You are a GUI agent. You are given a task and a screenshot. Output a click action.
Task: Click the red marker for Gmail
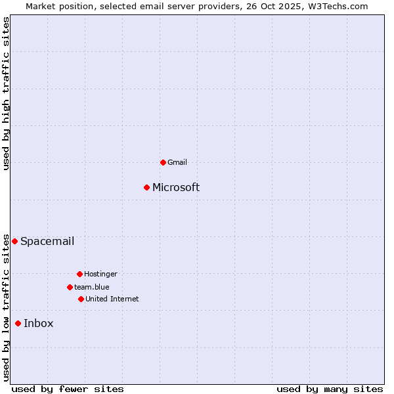[x=163, y=162]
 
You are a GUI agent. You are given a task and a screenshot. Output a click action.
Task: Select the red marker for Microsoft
[x=146, y=187]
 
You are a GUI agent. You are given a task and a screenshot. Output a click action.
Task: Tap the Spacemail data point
[x=14, y=241]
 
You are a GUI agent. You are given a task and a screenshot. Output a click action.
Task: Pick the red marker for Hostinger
[x=79, y=274]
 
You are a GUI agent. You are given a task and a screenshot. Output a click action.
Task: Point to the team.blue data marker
[x=70, y=287]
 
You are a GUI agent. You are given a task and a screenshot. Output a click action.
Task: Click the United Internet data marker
[x=81, y=299]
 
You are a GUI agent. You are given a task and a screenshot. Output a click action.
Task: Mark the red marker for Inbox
[x=18, y=323]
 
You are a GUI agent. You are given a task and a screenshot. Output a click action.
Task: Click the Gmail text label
[x=177, y=162]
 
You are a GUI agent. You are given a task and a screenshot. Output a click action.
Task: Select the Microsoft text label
[x=176, y=187]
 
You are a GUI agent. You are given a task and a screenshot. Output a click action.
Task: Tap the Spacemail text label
[x=47, y=241]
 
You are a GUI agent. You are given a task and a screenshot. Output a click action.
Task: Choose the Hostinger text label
[x=100, y=274]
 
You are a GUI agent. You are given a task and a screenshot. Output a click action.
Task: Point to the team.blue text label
[x=92, y=287]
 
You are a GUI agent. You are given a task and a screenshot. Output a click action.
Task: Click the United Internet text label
[x=112, y=299]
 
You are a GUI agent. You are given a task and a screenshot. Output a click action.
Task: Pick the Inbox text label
[x=39, y=323]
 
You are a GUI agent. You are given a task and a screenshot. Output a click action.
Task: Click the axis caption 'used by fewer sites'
[x=68, y=389]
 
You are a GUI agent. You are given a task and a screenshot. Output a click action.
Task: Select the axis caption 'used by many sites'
[x=330, y=389]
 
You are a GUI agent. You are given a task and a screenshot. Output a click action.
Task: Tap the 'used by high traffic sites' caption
[x=7, y=93]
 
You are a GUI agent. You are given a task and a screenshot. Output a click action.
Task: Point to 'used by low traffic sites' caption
[x=7, y=307]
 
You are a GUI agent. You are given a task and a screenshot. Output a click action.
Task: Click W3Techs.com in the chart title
[x=338, y=6]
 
